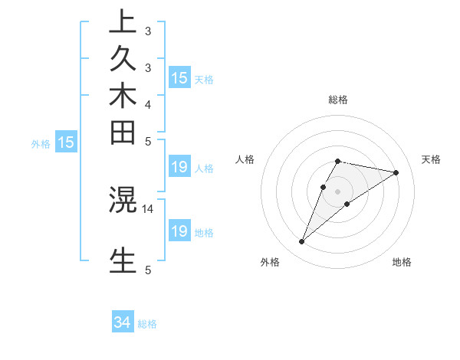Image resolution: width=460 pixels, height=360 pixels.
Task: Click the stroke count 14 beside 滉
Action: tap(148, 208)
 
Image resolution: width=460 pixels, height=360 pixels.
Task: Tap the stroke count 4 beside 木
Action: tap(148, 103)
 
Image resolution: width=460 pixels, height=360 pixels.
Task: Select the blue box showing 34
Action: tap(123, 322)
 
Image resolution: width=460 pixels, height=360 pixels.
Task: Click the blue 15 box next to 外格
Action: tap(67, 142)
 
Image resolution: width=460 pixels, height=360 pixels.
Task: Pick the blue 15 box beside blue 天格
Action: tap(179, 77)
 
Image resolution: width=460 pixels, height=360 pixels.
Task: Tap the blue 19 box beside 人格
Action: tap(179, 167)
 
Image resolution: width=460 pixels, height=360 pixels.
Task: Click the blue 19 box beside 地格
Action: tap(179, 231)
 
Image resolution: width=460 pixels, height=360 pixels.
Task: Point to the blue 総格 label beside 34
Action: tap(147, 324)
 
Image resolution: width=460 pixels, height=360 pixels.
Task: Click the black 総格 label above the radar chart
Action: tap(338, 100)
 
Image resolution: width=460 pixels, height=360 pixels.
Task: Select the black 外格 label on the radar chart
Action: tap(270, 262)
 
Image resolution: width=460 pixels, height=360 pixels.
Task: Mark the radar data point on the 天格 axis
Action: tap(396, 172)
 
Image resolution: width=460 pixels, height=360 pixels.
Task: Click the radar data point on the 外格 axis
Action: tap(302, 242)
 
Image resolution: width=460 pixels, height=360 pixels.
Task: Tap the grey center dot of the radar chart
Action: tap(338, 191)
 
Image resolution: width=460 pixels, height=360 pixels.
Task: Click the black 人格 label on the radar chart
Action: tap(245, 159)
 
